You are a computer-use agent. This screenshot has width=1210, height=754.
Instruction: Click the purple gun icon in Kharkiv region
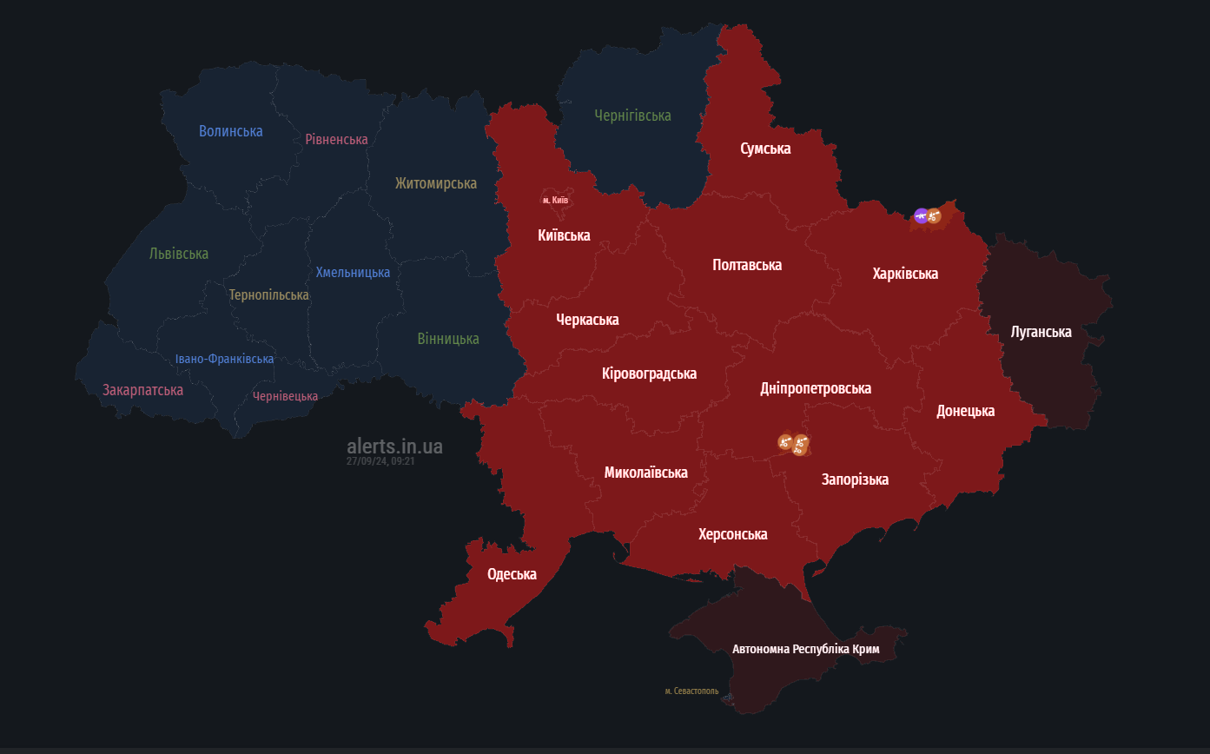pos(921,215)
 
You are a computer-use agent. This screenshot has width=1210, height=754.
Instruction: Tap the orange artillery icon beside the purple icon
pos(935,215)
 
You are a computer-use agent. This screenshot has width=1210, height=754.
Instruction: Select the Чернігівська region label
pos(632,116)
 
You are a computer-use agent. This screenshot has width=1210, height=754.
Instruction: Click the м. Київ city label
pos(555,201)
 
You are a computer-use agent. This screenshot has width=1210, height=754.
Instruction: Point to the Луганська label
pos(1041,332)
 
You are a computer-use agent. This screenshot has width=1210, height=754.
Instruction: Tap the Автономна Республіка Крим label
pos(805,649)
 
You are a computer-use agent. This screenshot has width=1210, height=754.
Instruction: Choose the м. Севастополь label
pos(691,691)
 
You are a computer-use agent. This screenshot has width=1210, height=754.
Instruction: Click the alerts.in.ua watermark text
pos(394,446)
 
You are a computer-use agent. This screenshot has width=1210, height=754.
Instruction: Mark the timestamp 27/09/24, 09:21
pos(380,461)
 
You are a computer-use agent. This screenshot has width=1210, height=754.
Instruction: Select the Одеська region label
pos(512,574)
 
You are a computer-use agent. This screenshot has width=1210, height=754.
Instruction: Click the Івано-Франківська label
pos(224,359)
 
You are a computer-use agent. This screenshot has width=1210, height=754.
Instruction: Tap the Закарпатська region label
pos(142,390)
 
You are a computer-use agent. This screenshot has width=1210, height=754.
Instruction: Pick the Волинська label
pos(230,131)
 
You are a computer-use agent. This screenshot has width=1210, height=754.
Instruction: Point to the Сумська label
pos(765,149)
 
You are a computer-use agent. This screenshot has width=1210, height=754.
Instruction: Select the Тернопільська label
pos(268,294)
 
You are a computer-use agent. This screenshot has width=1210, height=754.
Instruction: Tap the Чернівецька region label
pos(285,396)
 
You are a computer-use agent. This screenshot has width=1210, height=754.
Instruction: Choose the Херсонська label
pos(732,534)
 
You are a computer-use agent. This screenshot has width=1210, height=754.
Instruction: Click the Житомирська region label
pos(435,183)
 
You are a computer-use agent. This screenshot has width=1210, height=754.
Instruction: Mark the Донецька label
pos(965,411)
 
